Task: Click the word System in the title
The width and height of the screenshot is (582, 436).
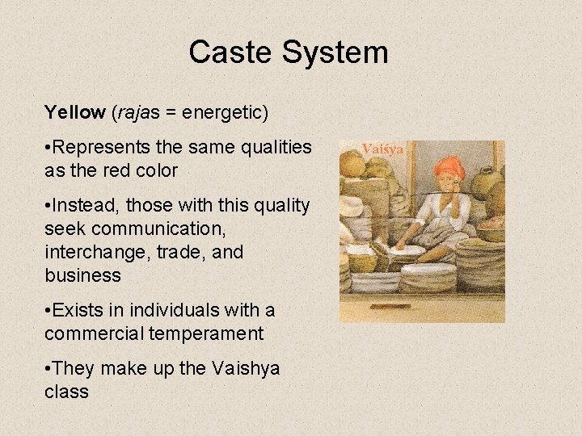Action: click(x=335, y=52)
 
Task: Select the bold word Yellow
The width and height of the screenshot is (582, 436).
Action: click(x=75, y=112)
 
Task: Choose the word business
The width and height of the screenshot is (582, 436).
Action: click(x=82, y=275)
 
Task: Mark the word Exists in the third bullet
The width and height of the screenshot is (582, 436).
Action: click(x=75, y=310)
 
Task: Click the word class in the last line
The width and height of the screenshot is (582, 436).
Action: click(x=66, y=392)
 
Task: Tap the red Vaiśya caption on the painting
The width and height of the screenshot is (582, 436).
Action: click(x=382, y=149)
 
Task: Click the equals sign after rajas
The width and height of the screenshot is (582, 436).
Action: click(x=171, y=113)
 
